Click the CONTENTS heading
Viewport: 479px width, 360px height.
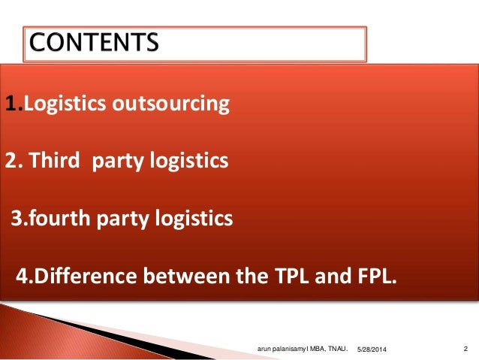coord(95,43)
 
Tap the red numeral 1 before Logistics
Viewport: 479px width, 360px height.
coord(9,103)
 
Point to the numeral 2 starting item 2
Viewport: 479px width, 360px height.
coord(11,160)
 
